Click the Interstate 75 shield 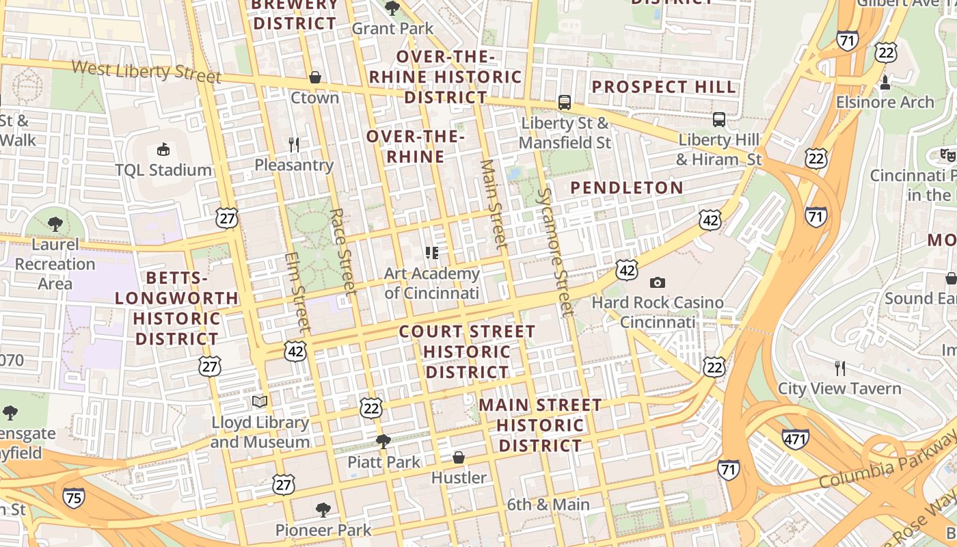click(73, 498)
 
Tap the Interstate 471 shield click(796, 438)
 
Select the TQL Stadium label click(163, 170)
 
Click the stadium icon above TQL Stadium click(163, 149)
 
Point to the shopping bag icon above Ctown click(315, 77)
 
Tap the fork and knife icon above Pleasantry click(294, 144)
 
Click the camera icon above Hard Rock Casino click(658, 282)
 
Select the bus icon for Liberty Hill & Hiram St click(719, 120)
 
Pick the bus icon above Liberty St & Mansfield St click(565, 103)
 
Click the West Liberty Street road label click(146, 71)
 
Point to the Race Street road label click(343, 251)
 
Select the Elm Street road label click(298, 292)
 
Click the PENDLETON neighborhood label click(627, 188)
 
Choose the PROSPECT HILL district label click(664, 87)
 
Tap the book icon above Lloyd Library click(259, 401)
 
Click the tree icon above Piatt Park click(383, 441)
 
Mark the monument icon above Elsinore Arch click(885, 83)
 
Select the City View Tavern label click(839, 389)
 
